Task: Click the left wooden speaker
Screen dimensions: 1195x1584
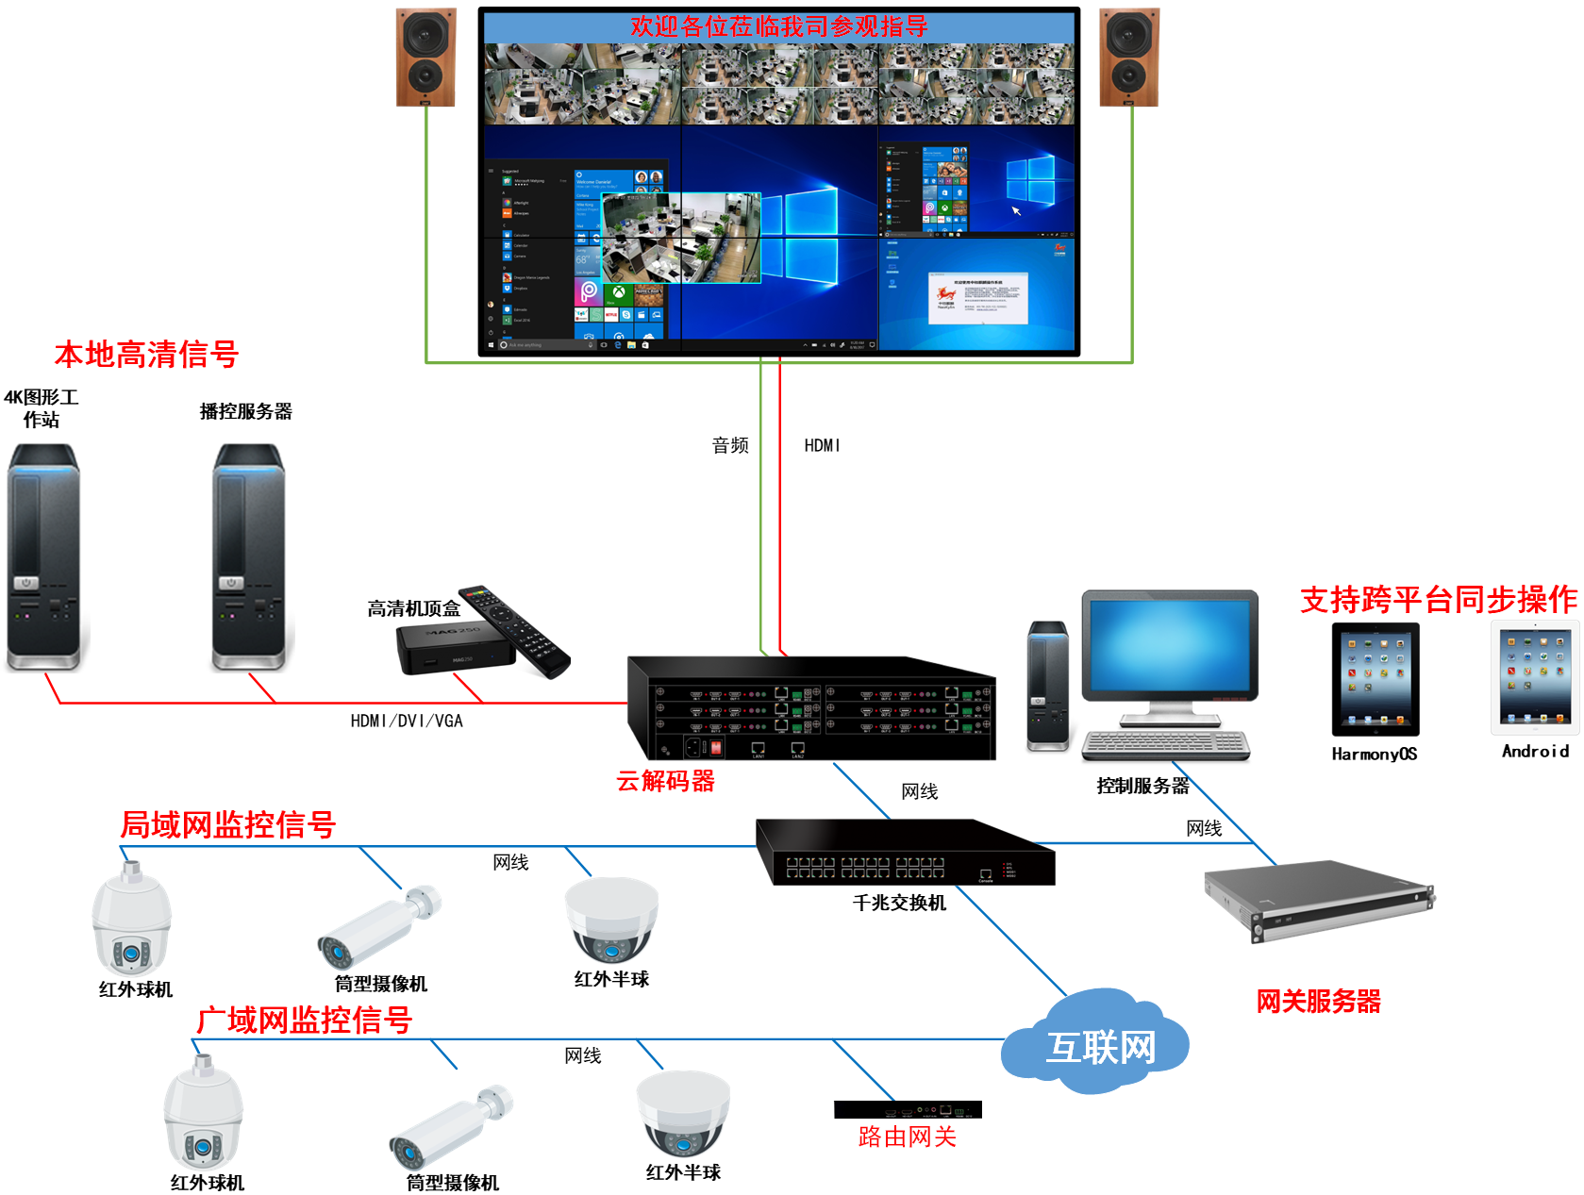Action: pyautogui.click(x=425, y=57)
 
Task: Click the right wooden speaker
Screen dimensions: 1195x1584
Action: pyautogui.click(x=1129, y=57)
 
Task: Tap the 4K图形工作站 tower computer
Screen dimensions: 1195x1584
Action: pyautogui.click(x=43, y=556)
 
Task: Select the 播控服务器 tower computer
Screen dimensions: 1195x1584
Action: pyautogui.click(x=248, y=556)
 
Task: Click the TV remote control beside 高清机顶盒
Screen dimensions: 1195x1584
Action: pyautogui.click(x=515, y=629)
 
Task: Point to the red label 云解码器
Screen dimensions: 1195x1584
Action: pyautogui.click(x=665, y=781)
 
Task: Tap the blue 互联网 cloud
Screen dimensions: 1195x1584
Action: pyautogui.click(x=1096, y=1042)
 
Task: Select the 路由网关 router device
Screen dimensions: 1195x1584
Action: pyautogui.click(x=908, y=1109)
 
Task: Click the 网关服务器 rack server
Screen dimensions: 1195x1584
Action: pyautogui.click(x=1319, y=899)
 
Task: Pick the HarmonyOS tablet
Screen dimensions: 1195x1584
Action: pyautogui.click(x=1375, y=679)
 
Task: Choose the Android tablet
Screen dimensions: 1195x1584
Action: pyautogui.click(x=1534, y=677)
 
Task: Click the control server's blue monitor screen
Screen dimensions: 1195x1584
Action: pyautogui.click(x=1170, y=645)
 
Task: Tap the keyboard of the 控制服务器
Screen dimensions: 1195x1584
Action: pyautogui.click(x=1165, y=745)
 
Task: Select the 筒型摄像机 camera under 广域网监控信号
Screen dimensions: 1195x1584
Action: pyautogui.click(x=450, y=1128)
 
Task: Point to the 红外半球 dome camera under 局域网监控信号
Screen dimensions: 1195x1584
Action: pyautogui.click(x=611, y=920)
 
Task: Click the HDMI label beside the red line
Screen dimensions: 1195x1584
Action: pyautogui.click(x=822, y=445)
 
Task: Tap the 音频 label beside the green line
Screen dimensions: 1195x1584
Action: pyautogui.click(x=730, y=445)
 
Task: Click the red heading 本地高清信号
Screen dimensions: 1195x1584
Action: pyautogui.click(x=146, y=355)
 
